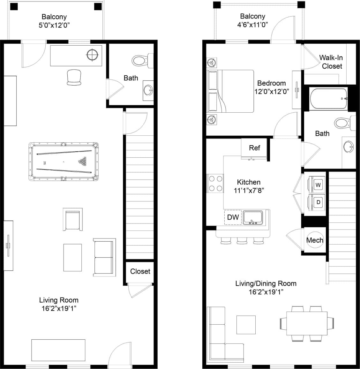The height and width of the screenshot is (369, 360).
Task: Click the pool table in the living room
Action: (64, 162)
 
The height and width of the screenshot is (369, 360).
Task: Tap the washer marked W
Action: (318, 185)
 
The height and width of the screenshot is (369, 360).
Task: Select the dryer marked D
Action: (318, 202)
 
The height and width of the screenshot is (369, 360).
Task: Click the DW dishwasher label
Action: (233, 217)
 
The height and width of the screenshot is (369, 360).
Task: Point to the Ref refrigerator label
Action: (254, 148)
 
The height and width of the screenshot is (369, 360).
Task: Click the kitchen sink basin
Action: (252, 217)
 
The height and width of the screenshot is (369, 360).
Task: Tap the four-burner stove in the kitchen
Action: (215, 184)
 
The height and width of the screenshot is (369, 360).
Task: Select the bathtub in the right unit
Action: (328, 99)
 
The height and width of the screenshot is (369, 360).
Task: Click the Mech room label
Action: (315, 240)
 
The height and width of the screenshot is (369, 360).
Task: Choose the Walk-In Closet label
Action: (331, 62)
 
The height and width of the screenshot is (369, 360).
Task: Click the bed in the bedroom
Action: (230, 91)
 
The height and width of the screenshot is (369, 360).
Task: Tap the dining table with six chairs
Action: (307, 323)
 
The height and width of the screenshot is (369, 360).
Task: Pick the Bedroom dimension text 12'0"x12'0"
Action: (271, 92)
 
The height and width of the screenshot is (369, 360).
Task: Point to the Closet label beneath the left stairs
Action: (140, 271)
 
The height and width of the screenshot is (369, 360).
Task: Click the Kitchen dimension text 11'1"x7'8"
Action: (249, 191)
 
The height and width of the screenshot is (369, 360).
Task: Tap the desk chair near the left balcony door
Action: (74, 78)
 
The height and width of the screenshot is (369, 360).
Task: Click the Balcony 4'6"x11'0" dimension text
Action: (252, 25)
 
